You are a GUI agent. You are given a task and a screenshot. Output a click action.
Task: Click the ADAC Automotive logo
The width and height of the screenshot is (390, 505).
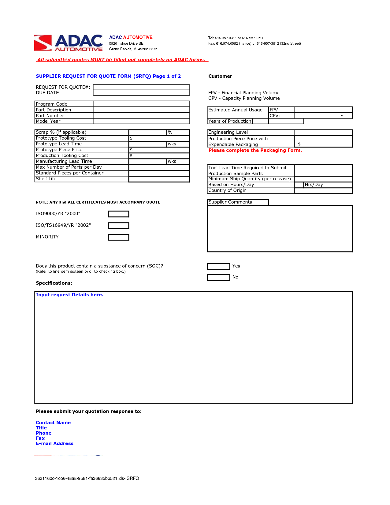pyautogui.click(x=68, y=43)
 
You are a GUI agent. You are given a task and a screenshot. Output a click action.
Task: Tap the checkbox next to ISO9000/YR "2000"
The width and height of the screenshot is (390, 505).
pyautogui.click(x=118, y=214)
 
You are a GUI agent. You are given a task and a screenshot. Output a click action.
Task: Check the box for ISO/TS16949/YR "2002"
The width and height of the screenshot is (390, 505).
pyautogui.click(x=118, y=226)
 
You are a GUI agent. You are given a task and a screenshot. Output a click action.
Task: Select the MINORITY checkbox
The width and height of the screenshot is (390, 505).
pyautogui.click(x=118, y=237)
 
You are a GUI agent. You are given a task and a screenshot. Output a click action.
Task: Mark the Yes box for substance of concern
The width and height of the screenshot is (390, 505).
pyautogui.click(x=218, y=266)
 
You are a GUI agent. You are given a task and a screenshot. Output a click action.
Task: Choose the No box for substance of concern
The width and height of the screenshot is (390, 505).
pyautogui.click(x=218, y=277)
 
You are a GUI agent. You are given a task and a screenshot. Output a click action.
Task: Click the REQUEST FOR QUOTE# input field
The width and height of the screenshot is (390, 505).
pyautogui.click(x=141, y=87)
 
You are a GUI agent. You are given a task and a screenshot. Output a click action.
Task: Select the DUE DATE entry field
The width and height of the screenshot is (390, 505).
pyautogui.click(x=141, y=93)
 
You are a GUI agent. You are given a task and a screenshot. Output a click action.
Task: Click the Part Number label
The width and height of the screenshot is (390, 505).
pyautogui.click(x=50, y=116)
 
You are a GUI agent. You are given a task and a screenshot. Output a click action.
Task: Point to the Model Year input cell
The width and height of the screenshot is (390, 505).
pyautogui.click(x=141, y=121)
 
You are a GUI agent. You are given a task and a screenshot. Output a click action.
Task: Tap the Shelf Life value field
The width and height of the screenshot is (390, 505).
pyautogui.click(x=159, y=179)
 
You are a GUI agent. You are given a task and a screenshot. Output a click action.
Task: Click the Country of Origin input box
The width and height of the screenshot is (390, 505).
pyautogui.click(x=323, y=191)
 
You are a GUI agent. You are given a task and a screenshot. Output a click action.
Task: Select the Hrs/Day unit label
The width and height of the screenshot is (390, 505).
pyautogui.click(x=314, y=185)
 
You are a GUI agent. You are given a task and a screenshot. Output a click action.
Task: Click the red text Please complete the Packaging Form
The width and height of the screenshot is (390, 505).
pyautogui.click(x=255, y=150)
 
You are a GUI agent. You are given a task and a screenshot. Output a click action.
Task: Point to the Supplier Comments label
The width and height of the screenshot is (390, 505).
pyautogui.click(x=231, y=202)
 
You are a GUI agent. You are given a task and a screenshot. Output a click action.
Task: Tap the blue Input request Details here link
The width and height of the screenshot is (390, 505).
pyautogui.click(x=69, y=295)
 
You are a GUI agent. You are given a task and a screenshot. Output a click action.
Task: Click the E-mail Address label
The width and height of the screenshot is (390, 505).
pyautogui.click(x=54, y=443)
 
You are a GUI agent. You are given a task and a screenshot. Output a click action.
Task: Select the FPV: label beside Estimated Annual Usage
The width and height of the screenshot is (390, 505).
pyautogui.click(x=274, y=110)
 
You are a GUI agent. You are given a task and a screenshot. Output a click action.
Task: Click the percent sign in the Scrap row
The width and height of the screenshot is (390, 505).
pyautogui.click(x=170, y=132)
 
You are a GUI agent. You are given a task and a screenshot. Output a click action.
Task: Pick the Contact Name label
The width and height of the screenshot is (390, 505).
pyautogui.click(x=53, y=423)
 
